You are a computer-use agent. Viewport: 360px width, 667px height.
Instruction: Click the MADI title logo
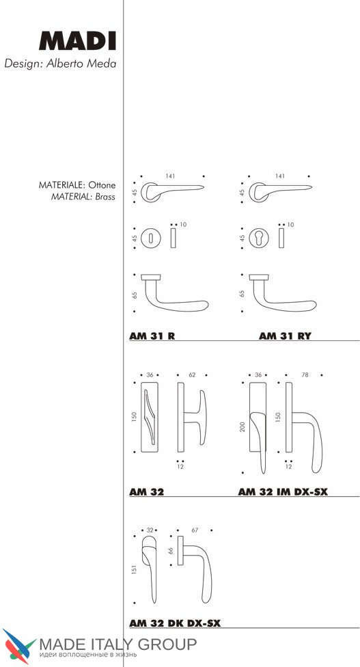coord(77,41)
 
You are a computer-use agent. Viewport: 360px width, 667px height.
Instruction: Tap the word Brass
coord(105,197)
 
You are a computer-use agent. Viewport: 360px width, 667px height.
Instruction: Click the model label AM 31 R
coord(152,336)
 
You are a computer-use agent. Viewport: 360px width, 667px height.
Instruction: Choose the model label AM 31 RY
coord(285,336)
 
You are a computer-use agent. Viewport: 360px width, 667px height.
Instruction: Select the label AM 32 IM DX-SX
coord(283,492)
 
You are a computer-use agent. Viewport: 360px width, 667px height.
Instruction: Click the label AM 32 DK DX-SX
coord(175,624)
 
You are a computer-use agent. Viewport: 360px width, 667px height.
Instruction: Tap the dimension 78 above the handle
coord(305,375)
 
